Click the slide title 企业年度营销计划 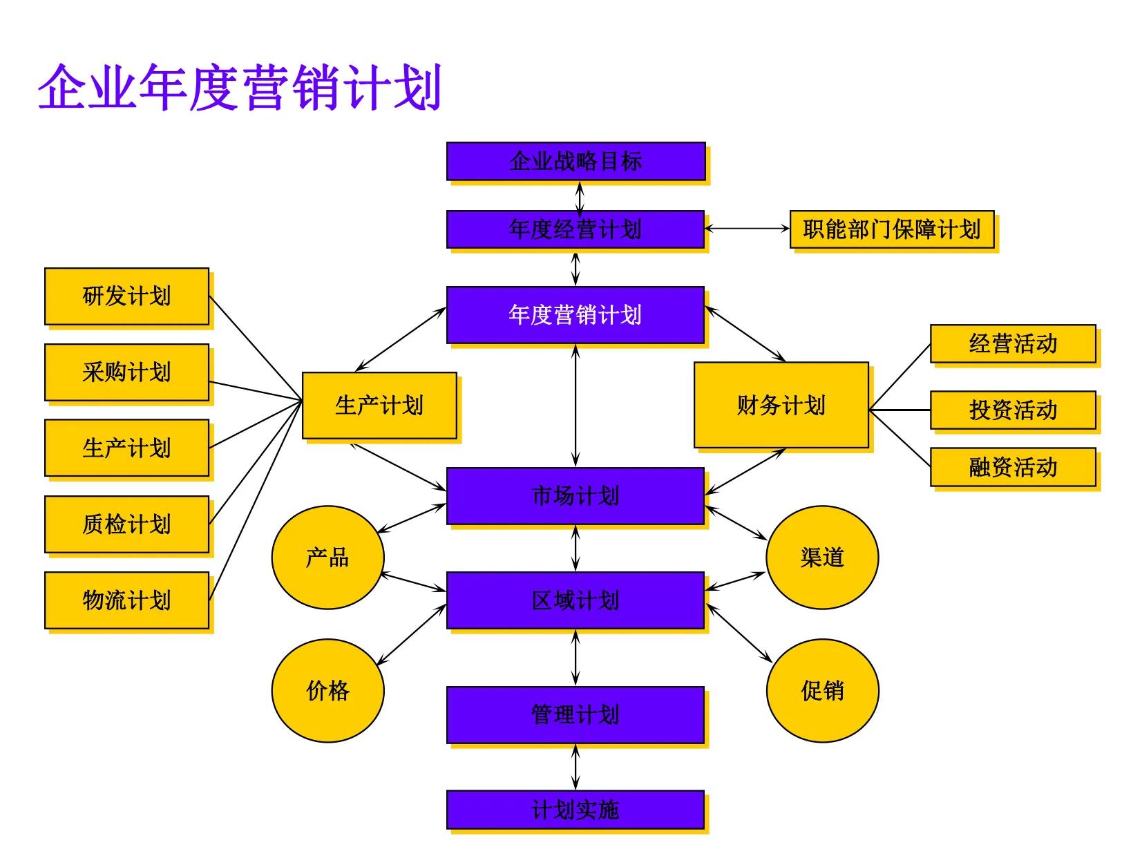coord(239,88)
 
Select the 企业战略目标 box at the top coord(575,162)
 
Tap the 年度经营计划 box coord(575,229)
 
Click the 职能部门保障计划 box coord(891,229)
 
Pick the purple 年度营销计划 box coord(575,315)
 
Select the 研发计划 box coord(126,296)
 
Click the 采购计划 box coord(126,372)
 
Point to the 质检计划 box coord(126,524)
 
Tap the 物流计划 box coord(126,600)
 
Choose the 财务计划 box coord(781,405)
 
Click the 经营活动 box coord(1013,343)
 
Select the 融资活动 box coord(1013,467)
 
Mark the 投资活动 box coord(1013,410)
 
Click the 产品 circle coord(327,557)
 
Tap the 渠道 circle coord(822,557)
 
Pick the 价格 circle coord(327,690)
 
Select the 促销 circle coord(822,690)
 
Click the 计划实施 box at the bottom coord(575,810)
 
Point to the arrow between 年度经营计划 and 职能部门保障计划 coord(747,229)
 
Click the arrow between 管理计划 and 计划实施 coord(575,767)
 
